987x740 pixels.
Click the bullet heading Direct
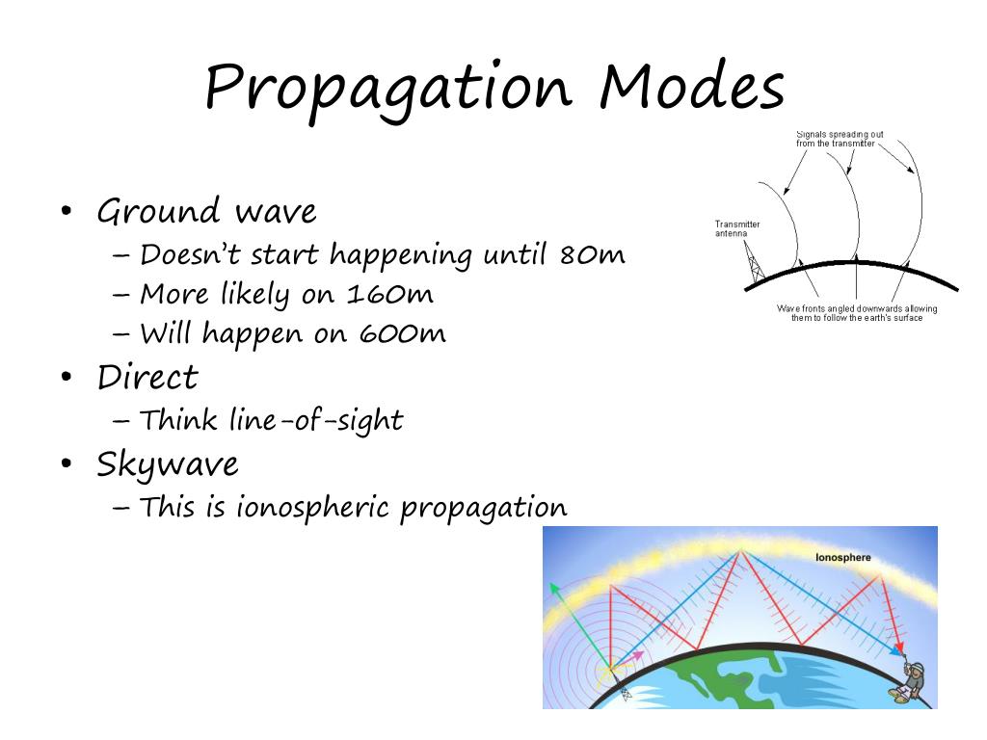147,377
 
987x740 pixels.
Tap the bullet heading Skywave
168,464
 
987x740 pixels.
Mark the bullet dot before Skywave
66,465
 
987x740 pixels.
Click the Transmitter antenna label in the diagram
737,228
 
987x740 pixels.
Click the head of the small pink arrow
637,655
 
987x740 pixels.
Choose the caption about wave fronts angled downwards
856,312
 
